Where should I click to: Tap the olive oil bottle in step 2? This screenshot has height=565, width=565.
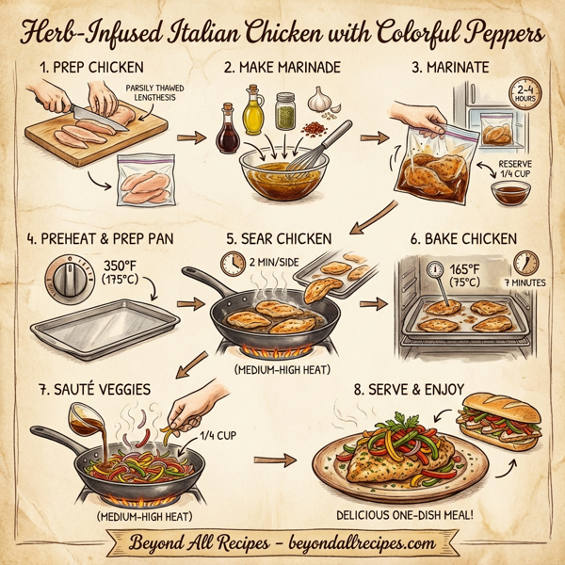point(252,110)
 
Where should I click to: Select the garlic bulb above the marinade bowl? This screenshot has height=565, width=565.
point(320,98)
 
